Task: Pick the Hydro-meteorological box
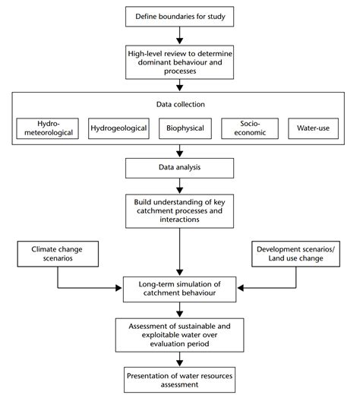pyautogui.click(x=47, y=127)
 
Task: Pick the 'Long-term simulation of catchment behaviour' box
pyautogui.click(x=180, y=289)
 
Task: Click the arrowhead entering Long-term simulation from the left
pyautogui.click(x=119, y=289)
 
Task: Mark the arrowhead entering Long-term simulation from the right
pyautogui.click(x=241, y=289)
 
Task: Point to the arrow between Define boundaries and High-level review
pyautogui.click(x=180, y=35)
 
